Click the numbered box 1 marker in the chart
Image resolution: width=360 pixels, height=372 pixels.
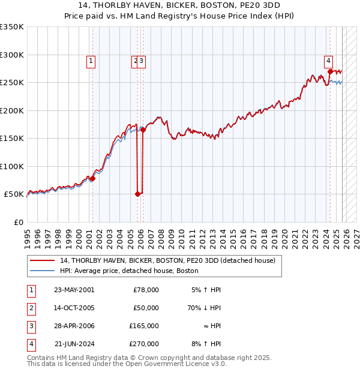click(x=91, y=60)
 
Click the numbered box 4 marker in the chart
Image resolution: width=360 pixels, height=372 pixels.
click(x=329, y=60)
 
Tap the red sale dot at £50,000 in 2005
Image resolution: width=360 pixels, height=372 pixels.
click(x=137, y=194)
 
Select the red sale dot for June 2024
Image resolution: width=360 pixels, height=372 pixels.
click(x=330, y=71)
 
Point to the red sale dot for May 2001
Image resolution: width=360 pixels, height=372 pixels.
click(x=92, y=179)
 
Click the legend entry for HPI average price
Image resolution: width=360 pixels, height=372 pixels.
click(x=129, y=271)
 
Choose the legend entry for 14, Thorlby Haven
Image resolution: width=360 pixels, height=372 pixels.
click(x=167, y=260)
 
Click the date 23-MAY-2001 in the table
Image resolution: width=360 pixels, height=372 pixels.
click(x=74, y=290)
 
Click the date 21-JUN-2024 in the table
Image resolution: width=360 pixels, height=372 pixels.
click(x=74, y=344)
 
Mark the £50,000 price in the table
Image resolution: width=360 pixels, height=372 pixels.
click(x=146, y=308)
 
